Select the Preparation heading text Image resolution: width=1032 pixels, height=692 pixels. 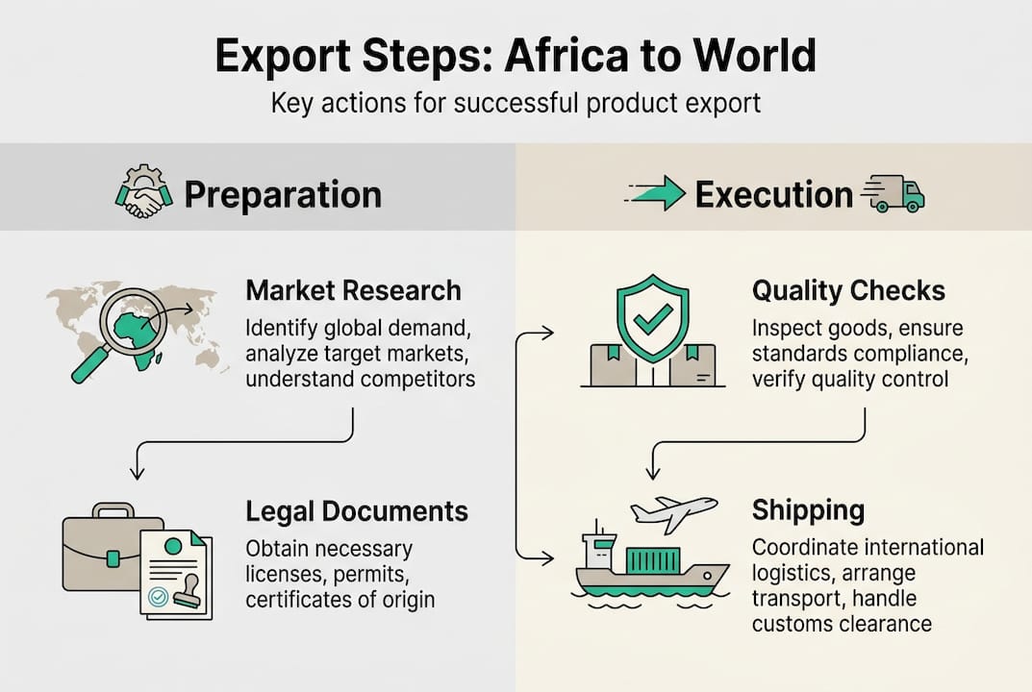[x=283, y=195]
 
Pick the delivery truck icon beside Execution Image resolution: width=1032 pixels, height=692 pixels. [x=894, y=193]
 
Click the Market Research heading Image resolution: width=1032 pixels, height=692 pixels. [x=353, y=290]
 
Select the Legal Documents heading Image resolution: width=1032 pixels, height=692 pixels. [x=357, y=511]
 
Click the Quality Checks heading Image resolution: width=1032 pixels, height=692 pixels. [x=848, y=290]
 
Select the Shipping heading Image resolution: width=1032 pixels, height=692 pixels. [x=809, y=509]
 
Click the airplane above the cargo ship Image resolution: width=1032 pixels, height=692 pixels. [x=672, y=511]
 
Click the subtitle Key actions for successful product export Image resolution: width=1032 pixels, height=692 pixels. [x=516, y=103]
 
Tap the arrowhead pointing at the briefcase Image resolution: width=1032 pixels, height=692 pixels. [x=137, y=472]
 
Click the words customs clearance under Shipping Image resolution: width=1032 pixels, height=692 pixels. [x=842, y=624]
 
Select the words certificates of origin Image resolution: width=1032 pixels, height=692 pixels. [x=340, y=600]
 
